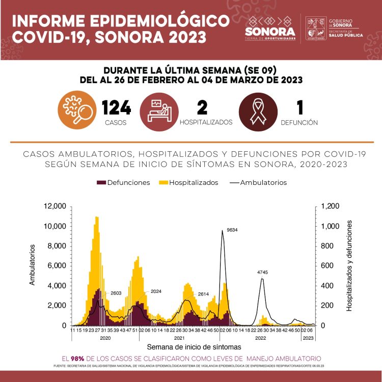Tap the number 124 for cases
pos(116,108)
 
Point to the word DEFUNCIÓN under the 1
pos(300,123)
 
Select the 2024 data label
pos(156,291)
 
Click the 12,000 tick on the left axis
pos(55,206)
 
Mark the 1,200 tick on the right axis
pos(329,206)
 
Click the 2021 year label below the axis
pos(179,338)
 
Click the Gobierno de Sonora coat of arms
pos(315,28)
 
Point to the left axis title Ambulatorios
pos(33,265)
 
